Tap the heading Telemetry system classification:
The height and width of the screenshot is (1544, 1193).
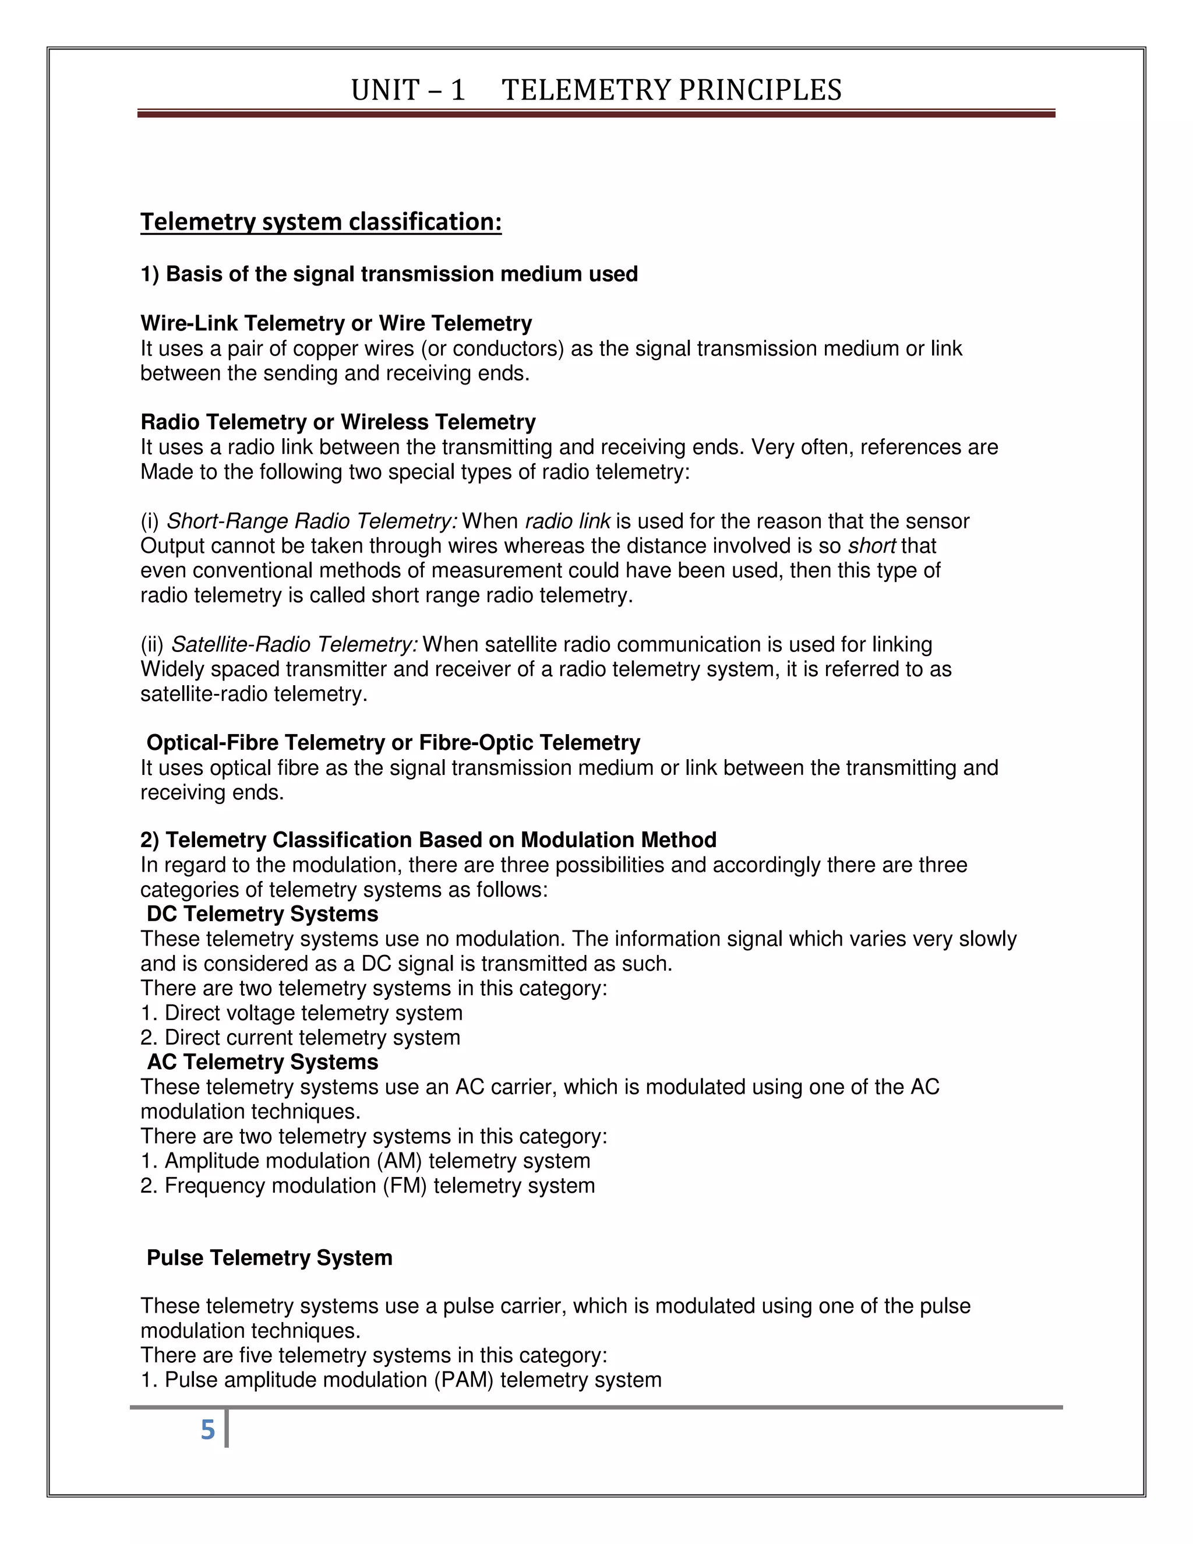click(321, 222)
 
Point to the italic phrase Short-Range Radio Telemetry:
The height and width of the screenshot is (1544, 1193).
click(312, 521)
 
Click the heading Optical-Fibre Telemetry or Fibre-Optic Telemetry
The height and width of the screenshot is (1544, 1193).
click(393, 742)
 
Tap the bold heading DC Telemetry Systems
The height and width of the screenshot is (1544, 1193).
click(262, 914)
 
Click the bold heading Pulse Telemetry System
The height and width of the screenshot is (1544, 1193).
click(269, 1258)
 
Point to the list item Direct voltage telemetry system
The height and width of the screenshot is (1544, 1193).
click(313, 1013)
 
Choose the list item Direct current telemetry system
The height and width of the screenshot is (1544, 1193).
click(312, 1037)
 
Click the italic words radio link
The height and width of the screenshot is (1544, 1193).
click(567, 521)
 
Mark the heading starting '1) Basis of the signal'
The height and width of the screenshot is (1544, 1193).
click(389, 274)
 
